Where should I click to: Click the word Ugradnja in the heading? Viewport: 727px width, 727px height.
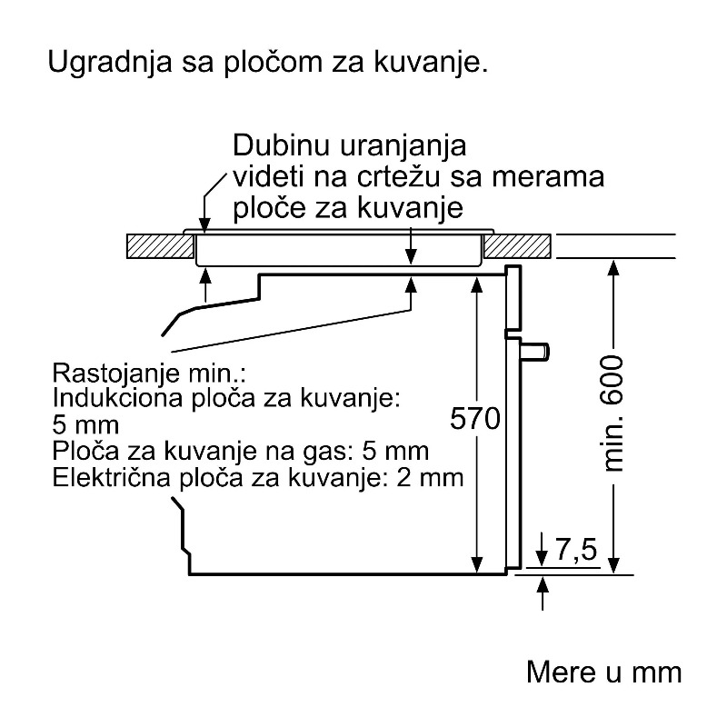pos(110,62)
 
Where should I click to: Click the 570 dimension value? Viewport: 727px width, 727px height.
pos(475,419)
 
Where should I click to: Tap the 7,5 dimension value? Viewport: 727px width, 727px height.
pos(576,550)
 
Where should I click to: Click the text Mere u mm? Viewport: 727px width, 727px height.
pos(604,672)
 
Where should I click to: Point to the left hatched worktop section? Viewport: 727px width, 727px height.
pos(161,246)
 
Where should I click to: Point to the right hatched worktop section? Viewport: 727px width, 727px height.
pos(517,246)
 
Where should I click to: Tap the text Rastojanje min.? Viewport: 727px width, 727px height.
pos(148,373)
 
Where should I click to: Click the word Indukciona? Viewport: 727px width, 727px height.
pos(118,397)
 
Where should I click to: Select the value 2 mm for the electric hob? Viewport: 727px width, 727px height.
pos(431,478)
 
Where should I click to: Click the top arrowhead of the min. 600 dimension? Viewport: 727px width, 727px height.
pos(613,269)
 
